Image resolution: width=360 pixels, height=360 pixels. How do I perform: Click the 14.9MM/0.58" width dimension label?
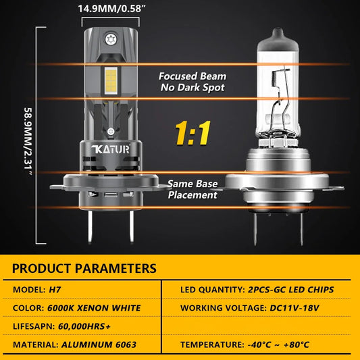tap(112, 9)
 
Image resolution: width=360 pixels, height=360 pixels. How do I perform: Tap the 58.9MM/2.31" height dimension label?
tap(28, 141)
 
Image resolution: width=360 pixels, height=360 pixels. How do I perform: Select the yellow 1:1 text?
tap(193, 133)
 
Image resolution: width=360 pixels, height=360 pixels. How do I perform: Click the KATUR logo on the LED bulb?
tap(111, 149)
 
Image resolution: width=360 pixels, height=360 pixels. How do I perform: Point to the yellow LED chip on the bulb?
tap(111, 80)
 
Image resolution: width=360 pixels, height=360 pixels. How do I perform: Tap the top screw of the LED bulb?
tap(111, 39)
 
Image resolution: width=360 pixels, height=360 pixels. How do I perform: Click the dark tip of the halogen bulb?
tap(278, 39)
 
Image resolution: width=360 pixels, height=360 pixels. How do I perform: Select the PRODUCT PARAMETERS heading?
tap(84, 268)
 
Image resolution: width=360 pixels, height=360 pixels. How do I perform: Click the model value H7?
tap(55, 290)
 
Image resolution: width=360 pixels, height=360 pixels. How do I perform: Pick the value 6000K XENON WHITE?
tap(94, 308)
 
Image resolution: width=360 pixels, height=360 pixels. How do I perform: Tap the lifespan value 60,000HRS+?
tap(84, 326)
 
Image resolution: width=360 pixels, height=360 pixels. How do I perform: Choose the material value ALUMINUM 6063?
tap(99, 344)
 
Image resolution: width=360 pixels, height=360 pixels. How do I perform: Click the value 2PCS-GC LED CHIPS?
tap(291, 290)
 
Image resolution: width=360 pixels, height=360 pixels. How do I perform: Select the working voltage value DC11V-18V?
tap(294, 308)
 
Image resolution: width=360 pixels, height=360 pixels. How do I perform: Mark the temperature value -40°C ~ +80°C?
tap(278, 344)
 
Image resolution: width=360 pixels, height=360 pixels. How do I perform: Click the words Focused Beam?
tap(192, 76)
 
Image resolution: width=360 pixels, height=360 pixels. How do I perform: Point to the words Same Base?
tap(192, 184)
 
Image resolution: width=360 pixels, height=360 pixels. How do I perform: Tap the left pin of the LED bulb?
tap(91, 226)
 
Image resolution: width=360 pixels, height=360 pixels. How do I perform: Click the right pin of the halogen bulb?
tap(301, 229)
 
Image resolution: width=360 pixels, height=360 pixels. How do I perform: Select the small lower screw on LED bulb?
tap(111, 132)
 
